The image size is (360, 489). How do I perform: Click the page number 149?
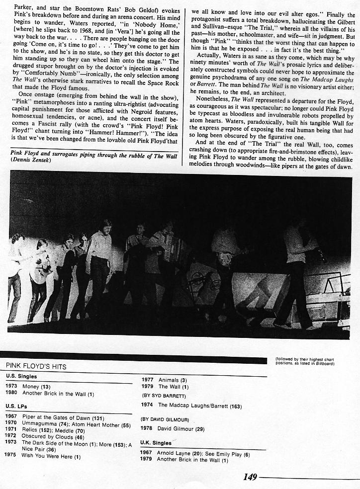click(x=250, y=477)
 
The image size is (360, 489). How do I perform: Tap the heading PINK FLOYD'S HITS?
click(x=36, y=366)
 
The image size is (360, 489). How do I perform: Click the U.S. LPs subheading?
click(x=15, y=407)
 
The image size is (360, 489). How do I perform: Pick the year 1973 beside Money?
click(x=11, y=386)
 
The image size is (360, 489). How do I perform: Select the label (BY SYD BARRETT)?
click(x=164, y=396)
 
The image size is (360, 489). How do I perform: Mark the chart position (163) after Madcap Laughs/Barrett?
click(x=235, y=406)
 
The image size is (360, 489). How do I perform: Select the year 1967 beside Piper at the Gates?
click(x=11, y=416)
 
